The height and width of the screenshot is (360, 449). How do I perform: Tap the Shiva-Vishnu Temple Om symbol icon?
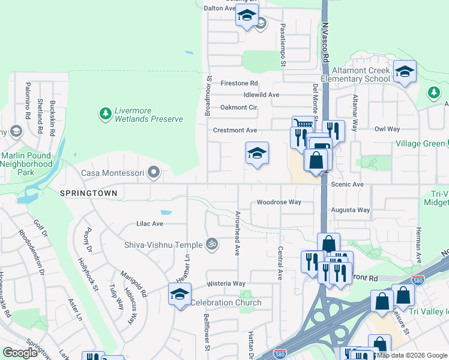click(211, 244)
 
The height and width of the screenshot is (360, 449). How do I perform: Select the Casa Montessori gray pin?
click(154, 173)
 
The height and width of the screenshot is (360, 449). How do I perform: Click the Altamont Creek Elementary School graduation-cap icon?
click(405, 71)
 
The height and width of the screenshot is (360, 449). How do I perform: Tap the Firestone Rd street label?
click(239, 83)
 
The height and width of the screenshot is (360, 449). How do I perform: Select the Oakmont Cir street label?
click(238, 107)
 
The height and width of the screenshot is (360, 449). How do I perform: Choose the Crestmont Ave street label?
click(235, 130)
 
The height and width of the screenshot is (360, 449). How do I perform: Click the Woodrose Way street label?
click(279, 202)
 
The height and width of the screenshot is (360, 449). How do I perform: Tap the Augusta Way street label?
click(351, 210)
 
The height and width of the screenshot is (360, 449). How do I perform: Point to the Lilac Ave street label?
click(149, 223)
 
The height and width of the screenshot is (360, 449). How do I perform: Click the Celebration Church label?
click(226, 302)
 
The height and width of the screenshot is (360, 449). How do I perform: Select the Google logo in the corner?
click(20, 353)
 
